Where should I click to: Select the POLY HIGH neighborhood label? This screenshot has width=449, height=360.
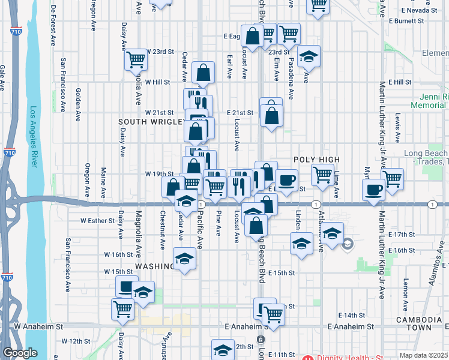[x=316, y=160]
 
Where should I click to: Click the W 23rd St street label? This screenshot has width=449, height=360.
[x=160, y=52]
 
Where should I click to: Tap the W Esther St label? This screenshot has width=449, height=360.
[x=98, y=220]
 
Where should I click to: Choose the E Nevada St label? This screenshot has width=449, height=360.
[x=419, y=11]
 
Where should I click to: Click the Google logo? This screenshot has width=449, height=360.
[x=20, y=353]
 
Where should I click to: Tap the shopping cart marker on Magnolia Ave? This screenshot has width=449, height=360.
[x=136, y=59]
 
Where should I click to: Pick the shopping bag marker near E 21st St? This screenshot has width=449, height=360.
[x=271, y=113]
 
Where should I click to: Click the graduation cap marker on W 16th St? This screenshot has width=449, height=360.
[x=185, y=259]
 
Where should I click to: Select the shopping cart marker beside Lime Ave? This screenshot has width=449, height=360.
[x=322, y=175]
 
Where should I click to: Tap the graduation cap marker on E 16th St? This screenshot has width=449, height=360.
[x=301, y=244]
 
